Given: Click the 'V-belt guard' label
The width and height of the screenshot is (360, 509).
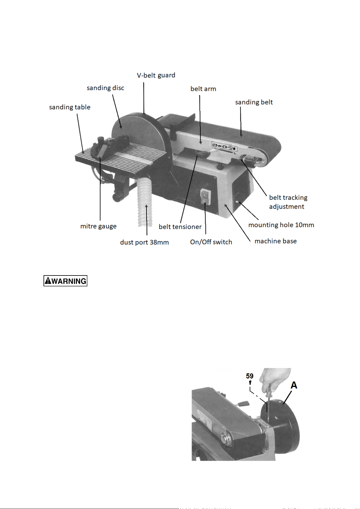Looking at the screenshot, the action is pos(156,75).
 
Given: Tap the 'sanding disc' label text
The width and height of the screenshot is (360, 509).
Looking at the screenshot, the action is pos(105,88).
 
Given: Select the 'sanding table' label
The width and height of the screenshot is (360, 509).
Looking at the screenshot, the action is pos(70,107).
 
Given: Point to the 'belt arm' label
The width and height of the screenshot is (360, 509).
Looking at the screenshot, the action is pos(203,89).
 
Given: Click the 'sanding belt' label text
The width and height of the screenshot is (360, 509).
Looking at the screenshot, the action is pos(254,102).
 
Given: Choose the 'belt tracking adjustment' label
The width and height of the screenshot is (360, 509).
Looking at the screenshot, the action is pos(288,202).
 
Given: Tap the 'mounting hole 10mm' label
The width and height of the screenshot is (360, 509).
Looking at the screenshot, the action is pos(281,225).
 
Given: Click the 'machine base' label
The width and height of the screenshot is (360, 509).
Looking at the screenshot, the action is pos(275,241).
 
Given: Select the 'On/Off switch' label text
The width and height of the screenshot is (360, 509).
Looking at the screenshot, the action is pos(211,242).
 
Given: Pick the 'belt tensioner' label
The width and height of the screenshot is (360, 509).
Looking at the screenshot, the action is pos(180,227).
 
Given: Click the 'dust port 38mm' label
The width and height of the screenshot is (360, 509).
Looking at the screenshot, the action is pos(144,242).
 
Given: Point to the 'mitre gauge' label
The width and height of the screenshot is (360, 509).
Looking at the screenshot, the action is pos(98,226).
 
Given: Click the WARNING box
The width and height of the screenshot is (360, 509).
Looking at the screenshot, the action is pos(66,281).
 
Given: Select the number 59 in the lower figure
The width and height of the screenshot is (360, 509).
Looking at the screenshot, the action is pos(250,376).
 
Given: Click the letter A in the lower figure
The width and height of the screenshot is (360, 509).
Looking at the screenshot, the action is pos(294,385).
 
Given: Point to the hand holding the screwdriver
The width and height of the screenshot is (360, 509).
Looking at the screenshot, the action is pos(275,379).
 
